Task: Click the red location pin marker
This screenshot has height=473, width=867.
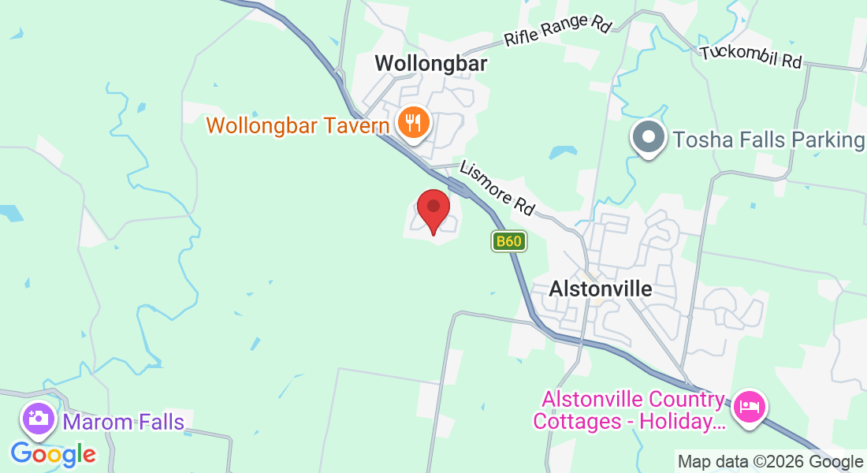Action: (433, 208)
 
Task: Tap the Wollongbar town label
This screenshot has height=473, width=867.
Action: (430, 64)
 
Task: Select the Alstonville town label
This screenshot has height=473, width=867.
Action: (601, 289)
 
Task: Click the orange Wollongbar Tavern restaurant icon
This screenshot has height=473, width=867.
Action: (412, 123)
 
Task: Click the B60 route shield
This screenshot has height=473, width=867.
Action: (508, 241)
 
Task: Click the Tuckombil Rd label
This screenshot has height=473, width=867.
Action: (751, 56)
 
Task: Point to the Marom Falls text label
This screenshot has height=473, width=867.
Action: (124, 423)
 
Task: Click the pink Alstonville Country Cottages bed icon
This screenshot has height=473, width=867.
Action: (748, 407)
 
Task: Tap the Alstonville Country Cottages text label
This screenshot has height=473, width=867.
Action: (628, 411)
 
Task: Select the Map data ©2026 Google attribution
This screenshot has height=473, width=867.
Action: (770, 462)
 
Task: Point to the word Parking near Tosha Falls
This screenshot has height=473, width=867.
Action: (824, 140)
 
